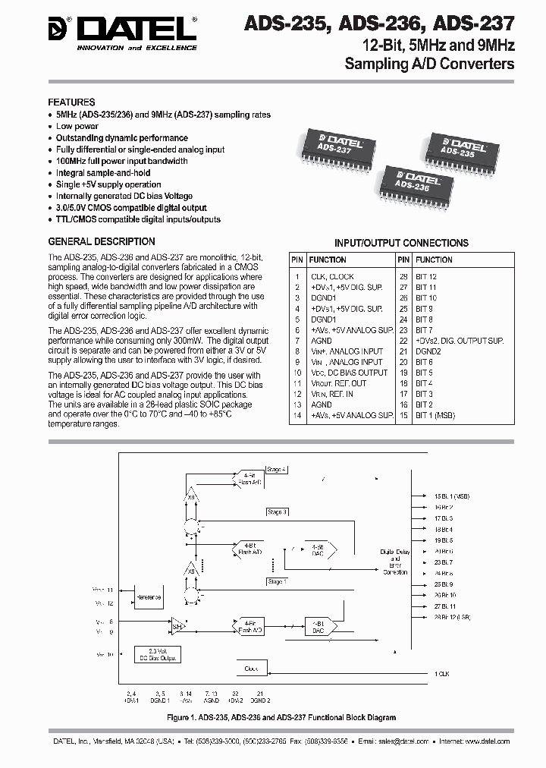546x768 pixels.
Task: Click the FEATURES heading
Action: [x=71, y=102]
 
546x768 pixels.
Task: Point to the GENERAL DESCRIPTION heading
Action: [x=102, y=242]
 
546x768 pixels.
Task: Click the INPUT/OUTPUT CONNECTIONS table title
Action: [x=401, y=243]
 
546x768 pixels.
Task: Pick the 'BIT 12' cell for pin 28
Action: [x=426, y=277]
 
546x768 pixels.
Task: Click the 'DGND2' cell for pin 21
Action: [x=428, y=351]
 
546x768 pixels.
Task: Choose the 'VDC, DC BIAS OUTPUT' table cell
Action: [x=349, y=373]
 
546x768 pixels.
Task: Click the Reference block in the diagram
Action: [x=149, y=597]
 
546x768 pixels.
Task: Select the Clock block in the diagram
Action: [x=251, y=669]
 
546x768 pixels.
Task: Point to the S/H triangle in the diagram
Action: [x=175, y=626]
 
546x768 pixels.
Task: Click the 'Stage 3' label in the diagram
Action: [x=277, y=512]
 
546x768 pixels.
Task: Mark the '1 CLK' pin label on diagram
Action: [x=443, y=673]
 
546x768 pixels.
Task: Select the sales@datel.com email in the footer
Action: [x=397, y=741]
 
